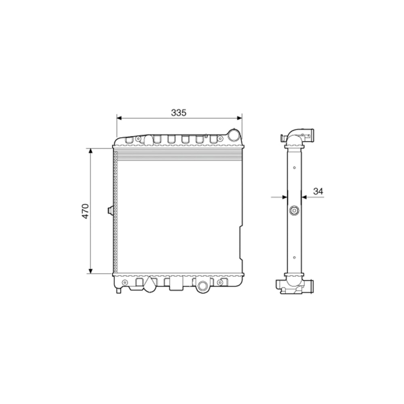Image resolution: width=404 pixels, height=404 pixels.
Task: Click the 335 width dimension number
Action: pyautogui.click(x=179, y=113)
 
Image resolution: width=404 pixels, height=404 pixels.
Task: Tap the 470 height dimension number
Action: pyautogui.click(x=85, y=211)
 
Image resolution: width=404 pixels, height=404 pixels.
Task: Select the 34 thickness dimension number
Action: pyautogui.click(x=318, y=191)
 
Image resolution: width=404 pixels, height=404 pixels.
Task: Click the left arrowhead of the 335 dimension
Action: pyautogui.click(x=119, y=118)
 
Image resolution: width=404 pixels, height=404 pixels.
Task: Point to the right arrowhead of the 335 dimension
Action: pyautogui.click(x=240, y=118)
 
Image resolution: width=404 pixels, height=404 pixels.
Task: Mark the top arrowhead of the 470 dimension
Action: pyautogui.click(x=90, y=151)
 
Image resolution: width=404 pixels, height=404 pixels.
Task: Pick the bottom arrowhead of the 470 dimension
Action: pyautogui.click(x=90, y=271)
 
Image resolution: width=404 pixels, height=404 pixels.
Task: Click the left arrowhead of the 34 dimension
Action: pyautogui.click(x=285, y=197)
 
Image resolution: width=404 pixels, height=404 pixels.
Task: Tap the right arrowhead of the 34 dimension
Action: pyautogui.click(x=304, y=197)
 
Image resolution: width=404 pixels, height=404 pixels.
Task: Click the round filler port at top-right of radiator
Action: pyautogui.click(x=234, y=135)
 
